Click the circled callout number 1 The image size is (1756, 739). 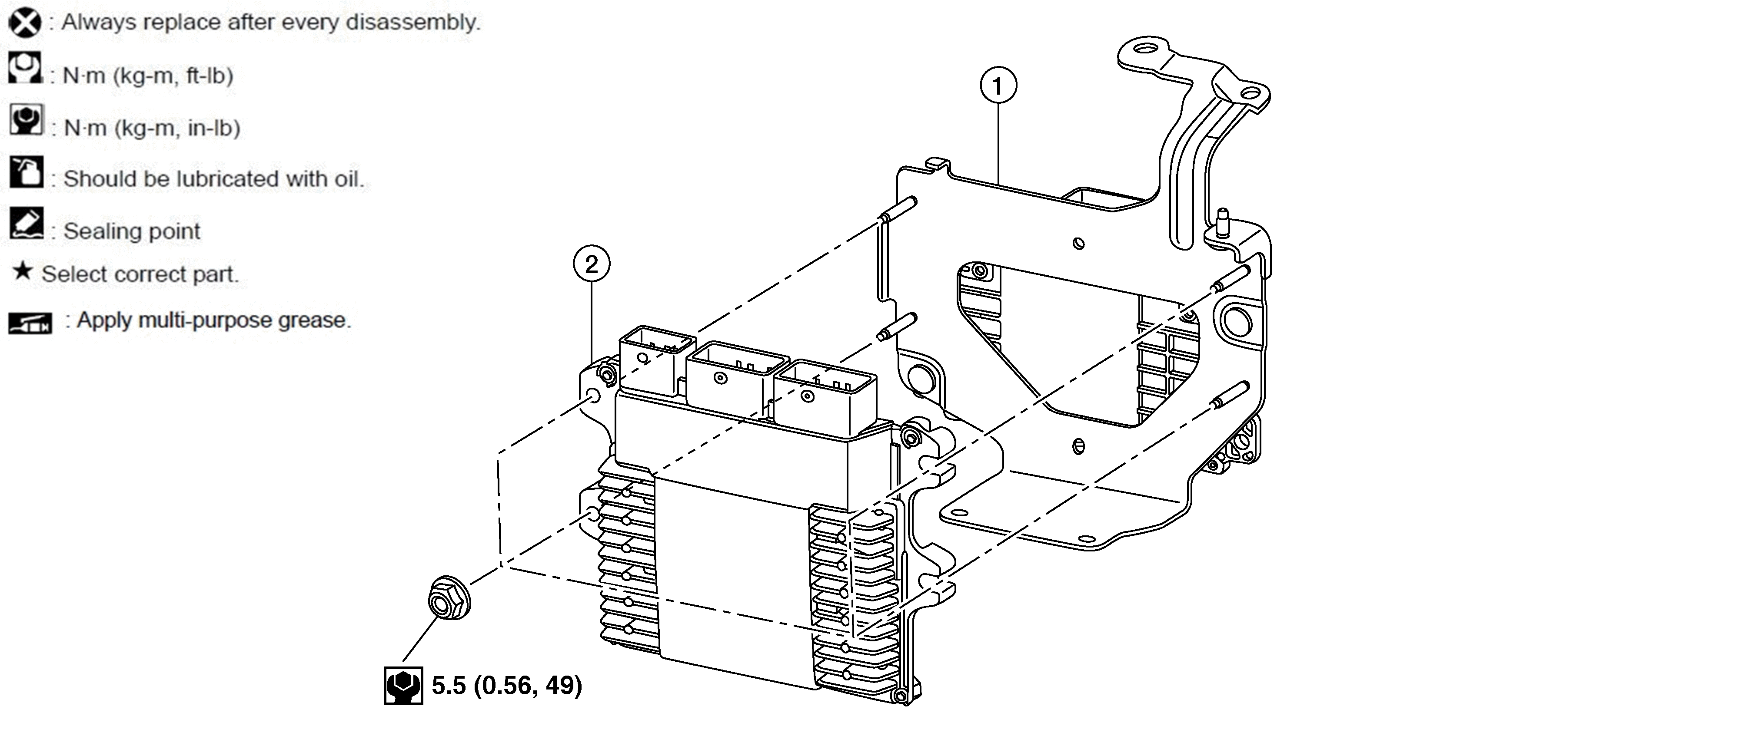(998, 86)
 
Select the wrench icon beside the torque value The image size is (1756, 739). (403, 685)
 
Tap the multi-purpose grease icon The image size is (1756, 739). (30, 323)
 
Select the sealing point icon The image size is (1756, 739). (27, 224)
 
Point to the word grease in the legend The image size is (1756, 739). (313, 320)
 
